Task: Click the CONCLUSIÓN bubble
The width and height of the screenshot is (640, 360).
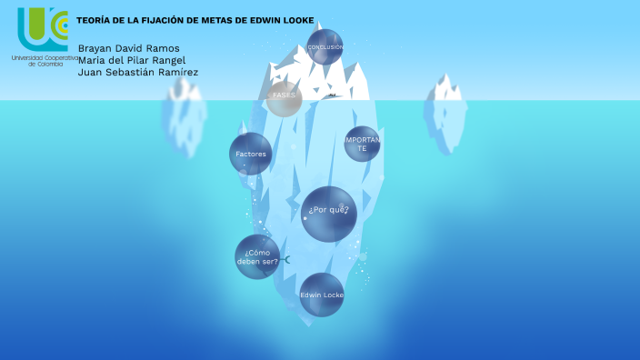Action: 325,46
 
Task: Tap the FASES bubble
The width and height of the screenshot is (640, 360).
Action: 285,97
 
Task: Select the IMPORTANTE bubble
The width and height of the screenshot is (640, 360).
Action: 362,144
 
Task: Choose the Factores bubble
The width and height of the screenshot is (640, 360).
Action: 251,154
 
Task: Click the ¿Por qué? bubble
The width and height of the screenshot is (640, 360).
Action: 329,214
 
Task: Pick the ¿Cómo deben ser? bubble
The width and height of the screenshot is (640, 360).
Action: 257,256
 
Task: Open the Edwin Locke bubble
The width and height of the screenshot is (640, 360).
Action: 322,295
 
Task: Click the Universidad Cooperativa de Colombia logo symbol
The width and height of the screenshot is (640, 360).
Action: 43,29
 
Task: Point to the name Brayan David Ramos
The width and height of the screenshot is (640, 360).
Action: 129,48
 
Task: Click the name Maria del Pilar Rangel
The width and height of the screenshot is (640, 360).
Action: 132,60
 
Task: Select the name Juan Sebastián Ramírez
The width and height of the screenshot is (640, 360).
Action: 138,72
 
